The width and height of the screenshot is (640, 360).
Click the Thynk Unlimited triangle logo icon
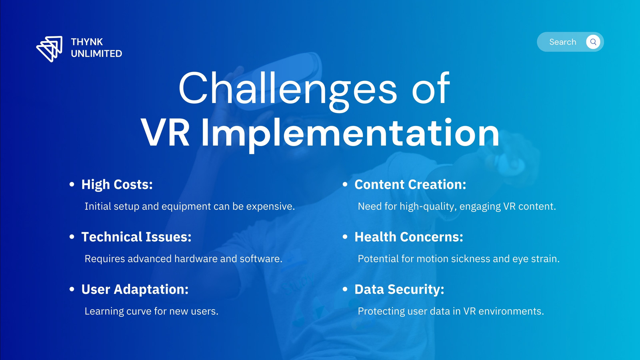coord(50,48)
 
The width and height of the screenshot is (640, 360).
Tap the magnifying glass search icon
coord(593,42)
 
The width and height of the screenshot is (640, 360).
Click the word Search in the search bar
coord(562,42)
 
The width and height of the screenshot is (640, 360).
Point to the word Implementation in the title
coord(350,134)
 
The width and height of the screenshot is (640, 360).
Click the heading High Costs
coord(117,184)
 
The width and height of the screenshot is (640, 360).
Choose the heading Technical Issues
coord(136,237)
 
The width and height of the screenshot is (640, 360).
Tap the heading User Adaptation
coord(135,290)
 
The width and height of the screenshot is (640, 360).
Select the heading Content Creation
coord(410,184)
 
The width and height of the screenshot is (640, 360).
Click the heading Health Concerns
coord(409,237)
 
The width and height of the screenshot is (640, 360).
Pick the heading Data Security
coord(400,290)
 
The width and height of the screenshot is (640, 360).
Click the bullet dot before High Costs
coord(72,184)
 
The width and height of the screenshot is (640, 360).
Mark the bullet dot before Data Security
coord(345,290)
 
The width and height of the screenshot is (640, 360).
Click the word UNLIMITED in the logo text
coord(96,54)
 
